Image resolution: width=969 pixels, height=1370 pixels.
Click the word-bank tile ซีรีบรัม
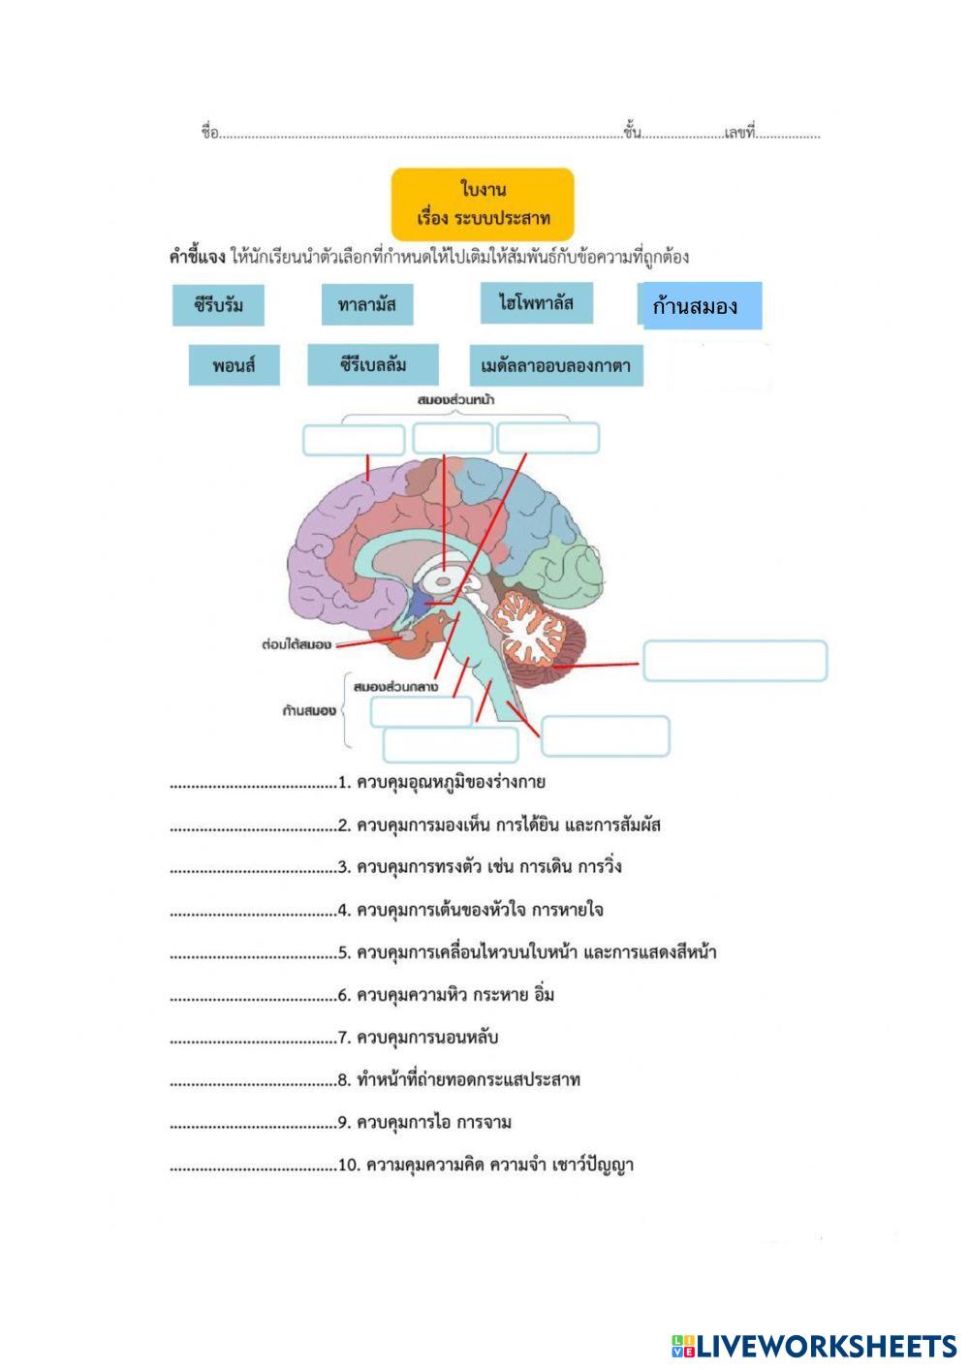[218, 305]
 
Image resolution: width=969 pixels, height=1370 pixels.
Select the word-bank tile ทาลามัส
[367, 304]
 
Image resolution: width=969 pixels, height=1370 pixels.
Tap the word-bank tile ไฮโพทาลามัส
[537, 302]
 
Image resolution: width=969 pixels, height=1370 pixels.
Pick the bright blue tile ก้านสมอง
[703, 306]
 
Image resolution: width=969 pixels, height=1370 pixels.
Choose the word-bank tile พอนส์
[234, 365]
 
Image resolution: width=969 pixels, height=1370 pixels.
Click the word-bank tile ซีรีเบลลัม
[372, 364]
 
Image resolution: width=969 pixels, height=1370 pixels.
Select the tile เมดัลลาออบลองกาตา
[556, 365]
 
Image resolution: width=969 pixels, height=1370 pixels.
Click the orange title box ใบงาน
[483, 204]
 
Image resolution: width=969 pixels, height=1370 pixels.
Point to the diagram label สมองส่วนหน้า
[455, 400]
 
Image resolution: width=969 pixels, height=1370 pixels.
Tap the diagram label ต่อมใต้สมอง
[297, 644]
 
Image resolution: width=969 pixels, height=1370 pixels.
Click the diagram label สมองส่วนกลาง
[395, 687]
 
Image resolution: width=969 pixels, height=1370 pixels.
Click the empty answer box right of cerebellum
[735, 661]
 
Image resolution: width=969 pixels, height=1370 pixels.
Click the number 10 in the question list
[348, 1166]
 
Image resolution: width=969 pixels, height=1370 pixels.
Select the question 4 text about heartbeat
[480, 910]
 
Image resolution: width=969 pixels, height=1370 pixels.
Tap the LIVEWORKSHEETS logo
[814, 1347]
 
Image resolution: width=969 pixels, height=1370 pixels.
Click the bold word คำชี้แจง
[197, 257]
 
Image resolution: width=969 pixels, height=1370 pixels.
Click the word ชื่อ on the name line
[210, 132]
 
